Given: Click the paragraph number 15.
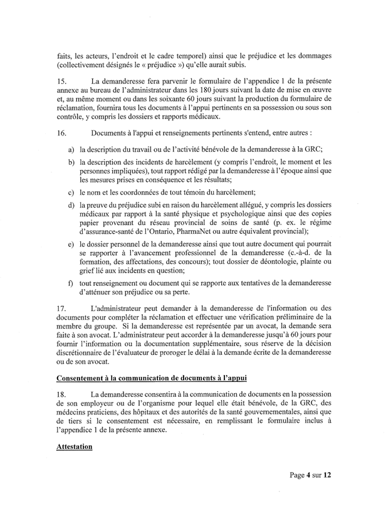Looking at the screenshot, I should (60, 81).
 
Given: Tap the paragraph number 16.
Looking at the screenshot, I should (60, 133).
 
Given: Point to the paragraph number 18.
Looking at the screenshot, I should (60, 393).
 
